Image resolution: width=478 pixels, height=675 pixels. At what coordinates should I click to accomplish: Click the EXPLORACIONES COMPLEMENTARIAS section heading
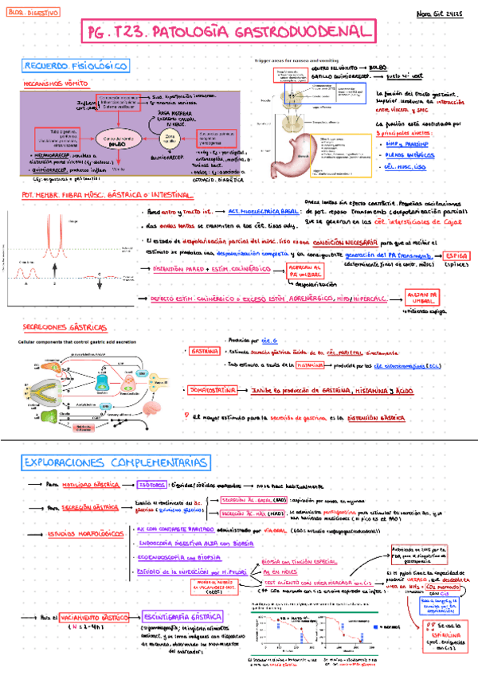click(x=117, y=463)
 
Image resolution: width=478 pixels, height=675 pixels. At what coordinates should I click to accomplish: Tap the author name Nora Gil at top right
click(x=435, y=14)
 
